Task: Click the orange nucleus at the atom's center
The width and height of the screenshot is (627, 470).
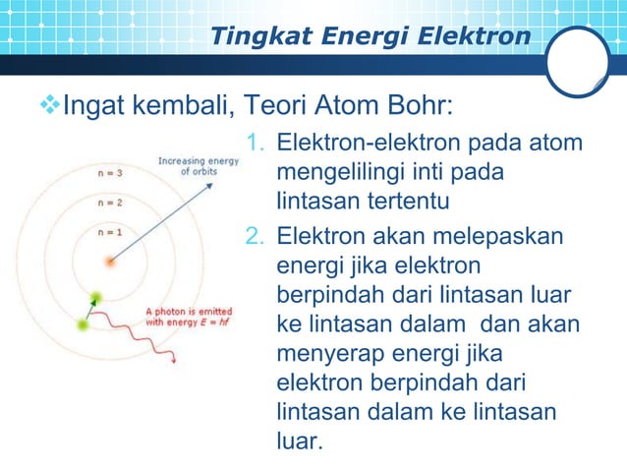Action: [110, 263]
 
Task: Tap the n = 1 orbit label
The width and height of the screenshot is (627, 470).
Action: [110, 232]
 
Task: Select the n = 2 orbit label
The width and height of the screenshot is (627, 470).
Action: [110, 204]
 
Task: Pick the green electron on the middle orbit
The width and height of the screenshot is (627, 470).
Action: [95, 297]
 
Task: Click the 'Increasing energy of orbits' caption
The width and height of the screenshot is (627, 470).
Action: [199, 165]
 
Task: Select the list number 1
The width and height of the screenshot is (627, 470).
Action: [254, 145]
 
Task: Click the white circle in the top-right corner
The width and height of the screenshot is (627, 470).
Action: [578, 61]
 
